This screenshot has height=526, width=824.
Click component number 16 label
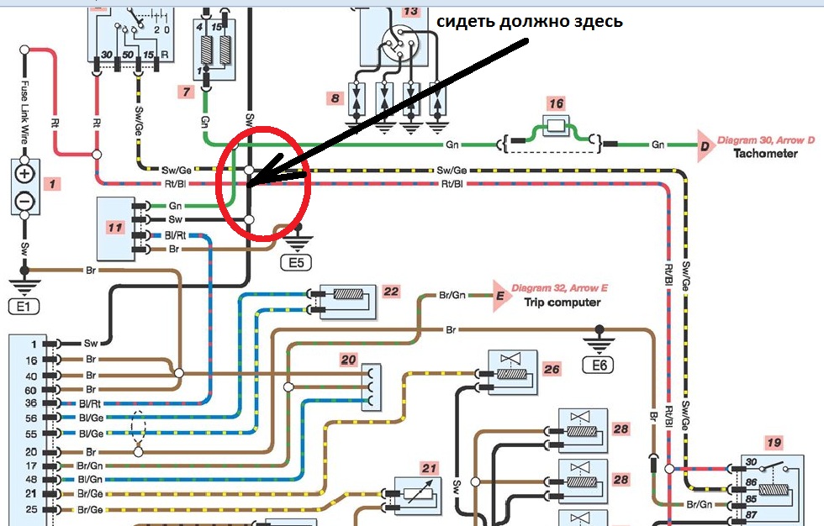click(555, 104)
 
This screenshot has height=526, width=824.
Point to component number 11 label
click(115, 227)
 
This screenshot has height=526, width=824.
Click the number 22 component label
click(390, 292)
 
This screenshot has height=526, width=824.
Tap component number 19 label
click(774, 442)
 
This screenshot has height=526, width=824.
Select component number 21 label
click(430, 468)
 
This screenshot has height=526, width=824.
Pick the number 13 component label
click(409, 12)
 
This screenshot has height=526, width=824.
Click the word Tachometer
click(764, 154)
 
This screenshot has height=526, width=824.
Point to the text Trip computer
click(562, 302)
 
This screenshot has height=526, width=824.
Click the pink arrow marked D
click(702, 145)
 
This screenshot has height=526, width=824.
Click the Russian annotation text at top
click(529, 21)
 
